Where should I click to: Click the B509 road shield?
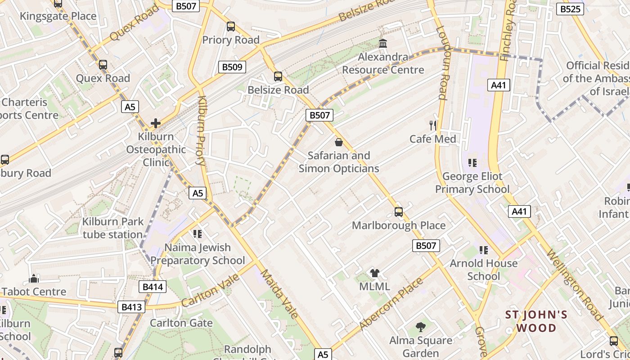pos(233,67)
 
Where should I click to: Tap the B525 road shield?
pos(570,9)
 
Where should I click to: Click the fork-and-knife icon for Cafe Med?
pos(433,126)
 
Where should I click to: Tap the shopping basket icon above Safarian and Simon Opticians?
pos(338,142)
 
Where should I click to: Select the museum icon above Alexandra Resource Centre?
pos(383,44)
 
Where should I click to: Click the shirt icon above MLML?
pos(374,273)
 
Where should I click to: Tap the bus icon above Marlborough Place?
pos(399,212)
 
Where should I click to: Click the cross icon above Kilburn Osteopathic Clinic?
pos(156,123)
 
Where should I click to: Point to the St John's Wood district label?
pos(536,321)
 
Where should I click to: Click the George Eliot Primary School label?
pos(472,183)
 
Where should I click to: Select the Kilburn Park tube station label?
pos(112,228)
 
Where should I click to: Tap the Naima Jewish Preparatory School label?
pos(198,254)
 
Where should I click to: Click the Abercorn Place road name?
pos(391,304)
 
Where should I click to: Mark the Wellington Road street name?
pos(574,284)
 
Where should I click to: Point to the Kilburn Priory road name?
pos(201,130)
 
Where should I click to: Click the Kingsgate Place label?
pos(58,16)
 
